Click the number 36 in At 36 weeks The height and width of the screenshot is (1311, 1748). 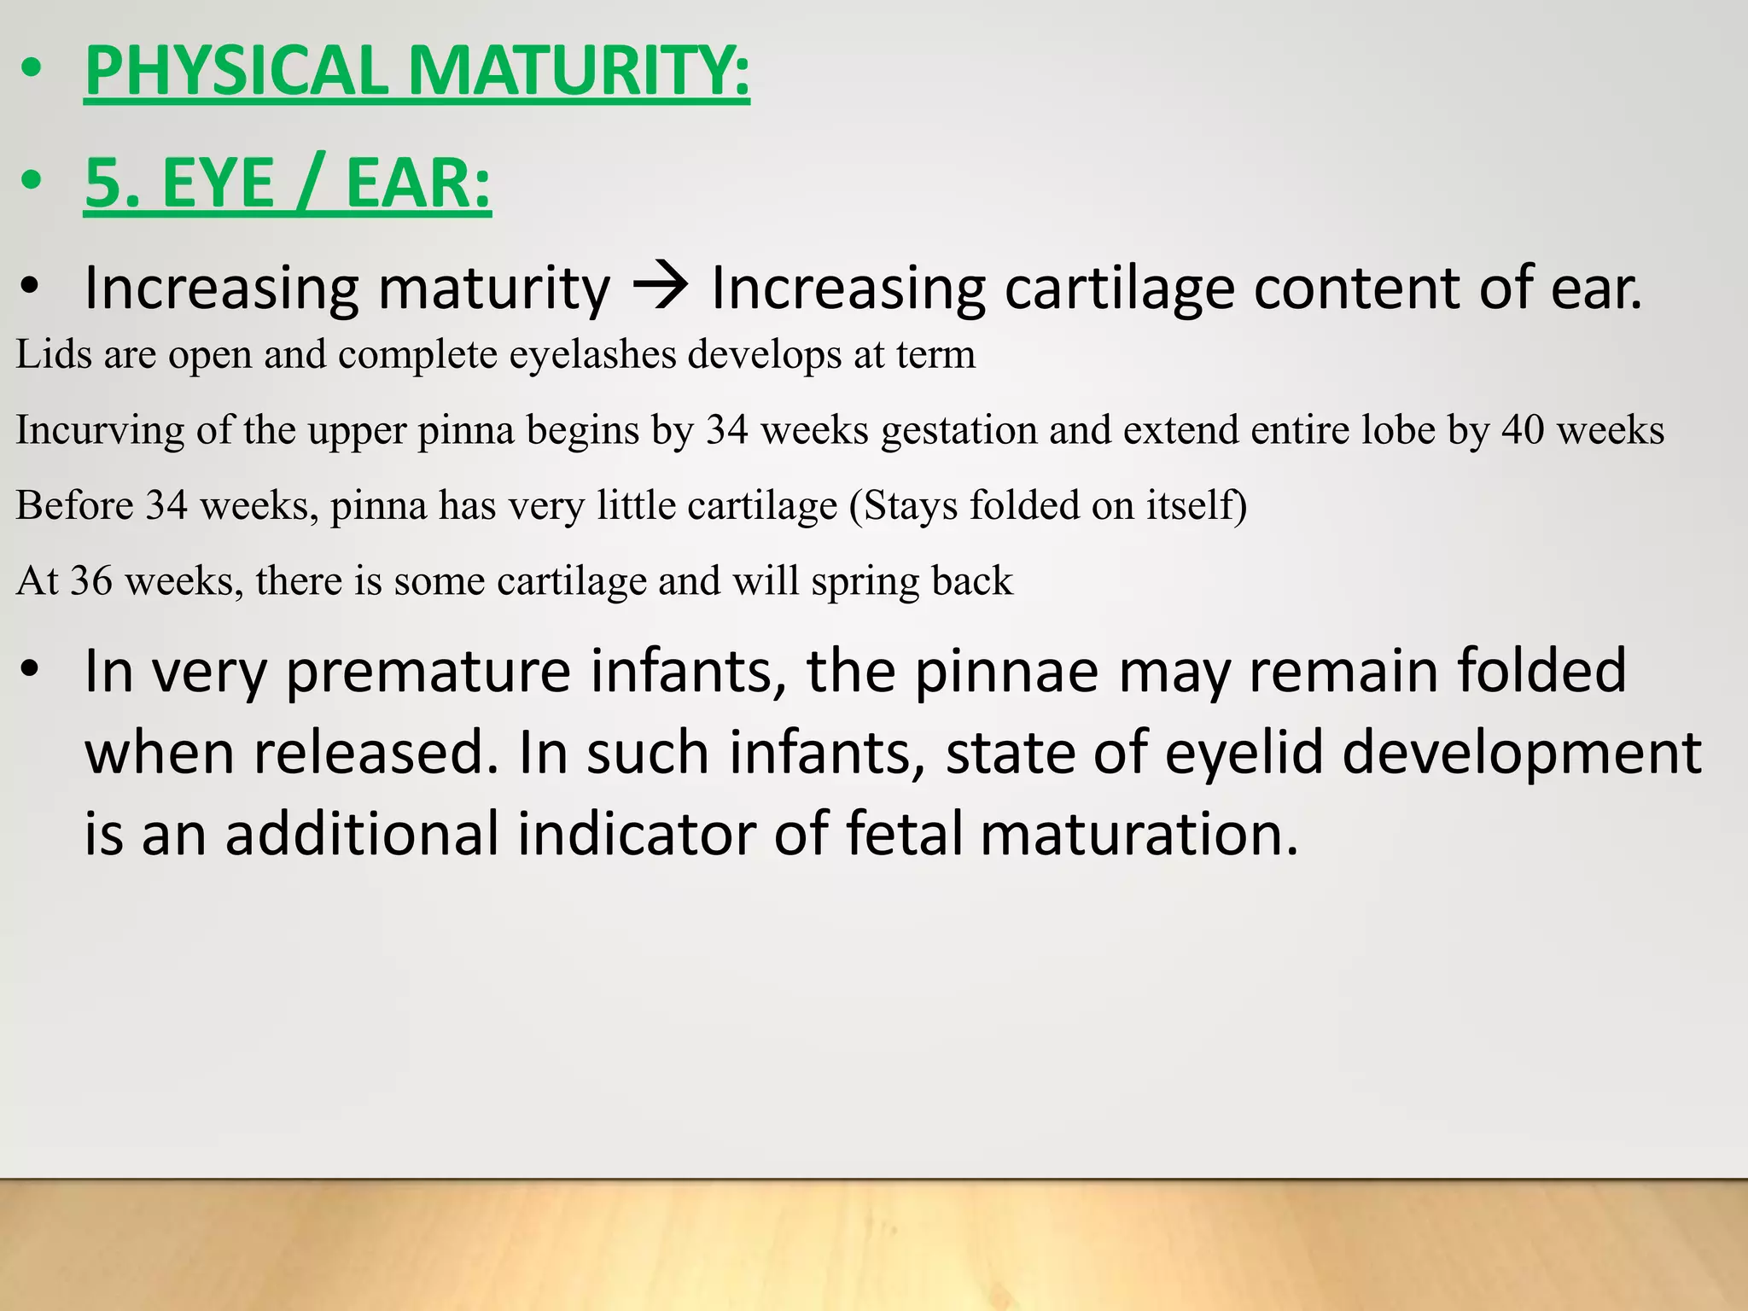(x=91, y=581)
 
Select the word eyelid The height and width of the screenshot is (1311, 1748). (x=1246, y=754)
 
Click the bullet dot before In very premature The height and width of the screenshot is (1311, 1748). (x=32, y=671)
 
